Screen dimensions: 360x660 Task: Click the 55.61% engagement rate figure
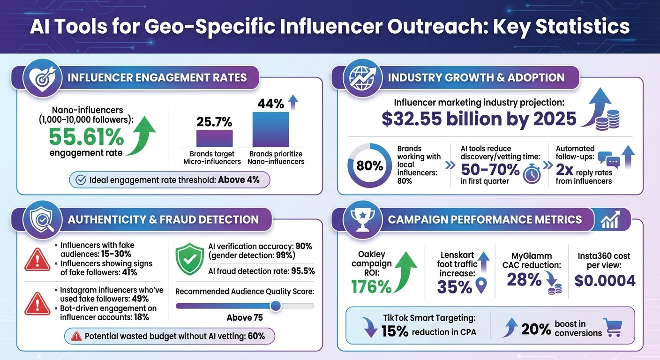pos(87,137)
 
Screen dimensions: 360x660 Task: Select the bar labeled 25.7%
pos(214,139)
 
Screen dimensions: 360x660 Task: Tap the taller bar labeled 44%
pos(270,129)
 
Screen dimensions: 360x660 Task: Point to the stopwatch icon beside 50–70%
pos(532,173)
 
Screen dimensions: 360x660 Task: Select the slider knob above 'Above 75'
pos(276,306)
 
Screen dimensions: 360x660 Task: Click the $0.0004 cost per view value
pos(605,280)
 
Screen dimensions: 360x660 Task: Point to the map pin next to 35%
pos(482,285)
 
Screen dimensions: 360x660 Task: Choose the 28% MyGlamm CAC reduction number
pos(525,280)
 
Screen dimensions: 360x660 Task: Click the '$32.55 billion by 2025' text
pos(479,119)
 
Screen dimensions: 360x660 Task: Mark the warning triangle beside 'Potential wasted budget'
pos(76,336)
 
